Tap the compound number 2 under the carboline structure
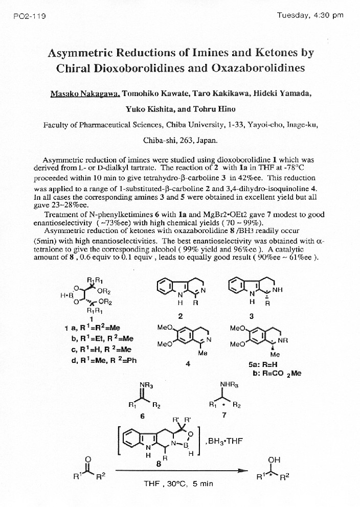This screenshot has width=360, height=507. pos(181,316)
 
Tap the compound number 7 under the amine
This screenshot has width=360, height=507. pos(224,415)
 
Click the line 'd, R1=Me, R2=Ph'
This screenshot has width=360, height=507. pos(103,360)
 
